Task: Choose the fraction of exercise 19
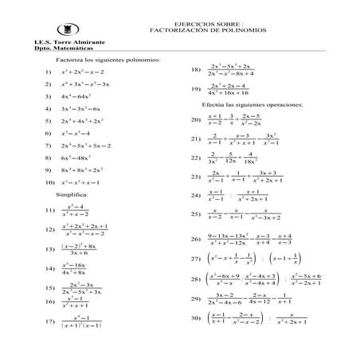[x=232, y=89]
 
